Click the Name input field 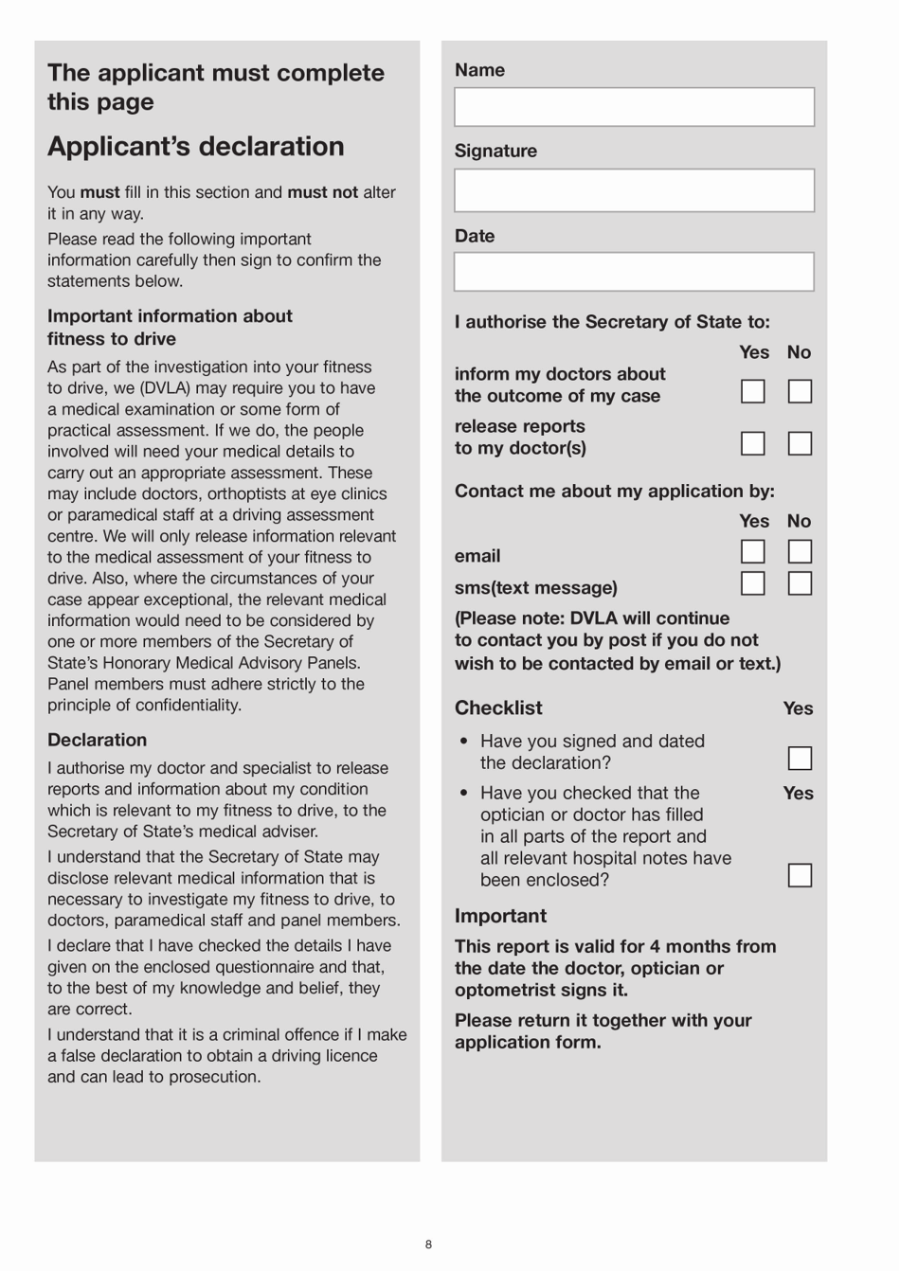(634, 107)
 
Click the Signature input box (634, 190)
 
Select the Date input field (634, 272)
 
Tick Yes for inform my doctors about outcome (752, 391)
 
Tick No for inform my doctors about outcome (800, 391)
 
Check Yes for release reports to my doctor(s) (752, 443)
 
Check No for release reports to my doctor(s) (800, 443)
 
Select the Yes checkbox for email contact (752, 551)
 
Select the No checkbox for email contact (800, 551)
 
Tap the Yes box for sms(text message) (752, 583)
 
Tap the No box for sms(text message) (800, 583)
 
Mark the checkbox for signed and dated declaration (800, 759)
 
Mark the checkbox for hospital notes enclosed (800, 875)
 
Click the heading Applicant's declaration (196, 147)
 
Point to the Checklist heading (498, 708)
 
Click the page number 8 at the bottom (428, 1244)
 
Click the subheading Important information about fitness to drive (170, 328)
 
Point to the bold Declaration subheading (98, 741)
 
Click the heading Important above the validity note (500, 916)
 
